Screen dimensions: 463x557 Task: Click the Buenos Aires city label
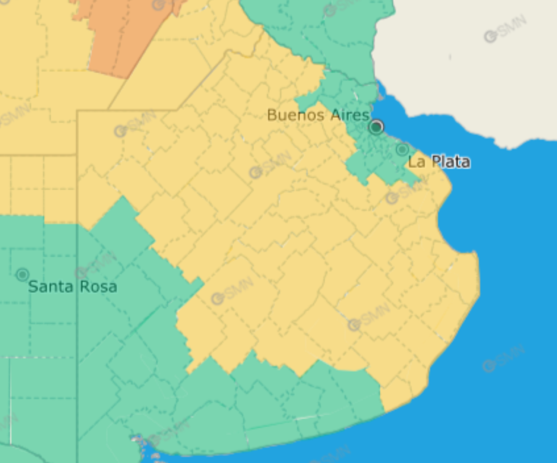[318, 115]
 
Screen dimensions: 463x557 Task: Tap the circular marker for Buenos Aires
[376, 127]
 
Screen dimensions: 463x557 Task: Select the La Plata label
[439, 162]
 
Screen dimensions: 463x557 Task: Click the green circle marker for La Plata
[402, 149]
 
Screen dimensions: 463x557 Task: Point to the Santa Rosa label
[72, 286]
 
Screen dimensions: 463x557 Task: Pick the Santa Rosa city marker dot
[22, 274]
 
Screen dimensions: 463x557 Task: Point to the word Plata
[450, 162]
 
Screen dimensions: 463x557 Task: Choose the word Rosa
[100, 286]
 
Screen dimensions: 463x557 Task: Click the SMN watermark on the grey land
[506, 29]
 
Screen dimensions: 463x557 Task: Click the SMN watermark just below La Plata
[405, 192]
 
